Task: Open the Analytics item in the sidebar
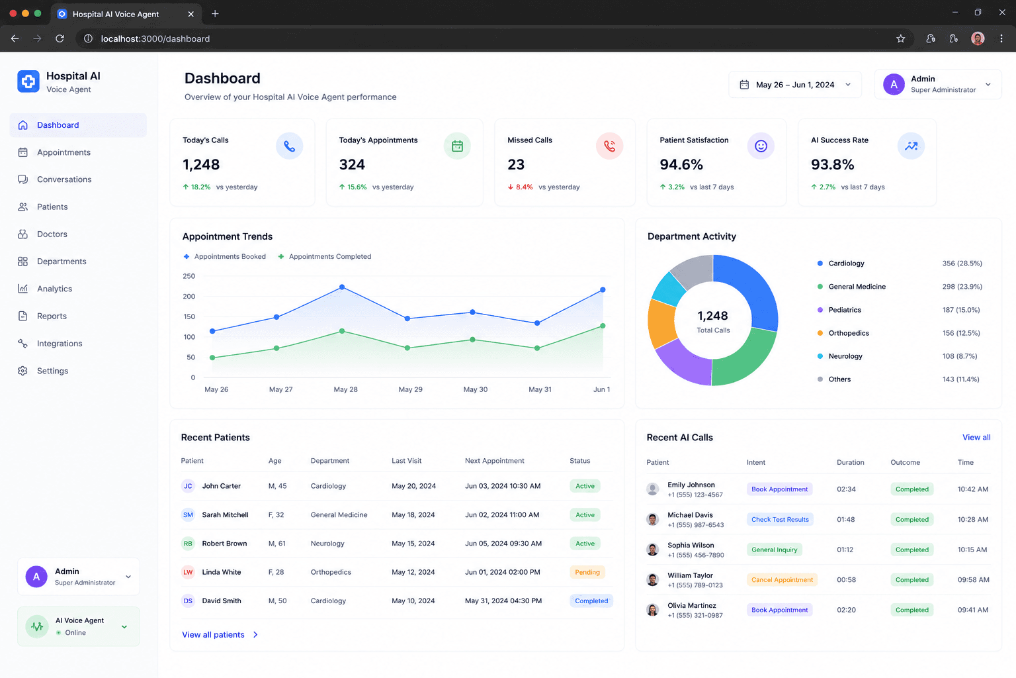coord(54,289)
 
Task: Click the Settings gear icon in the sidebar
coord(22,371)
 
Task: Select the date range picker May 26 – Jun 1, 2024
coord(794,85)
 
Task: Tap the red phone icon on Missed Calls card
coord(609,146)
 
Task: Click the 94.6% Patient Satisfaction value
coord(681,164)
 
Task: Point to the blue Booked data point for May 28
coord(342,287)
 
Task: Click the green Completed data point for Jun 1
coord(603,326)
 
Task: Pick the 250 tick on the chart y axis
coord(189,276)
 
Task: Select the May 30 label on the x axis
coord(476,389)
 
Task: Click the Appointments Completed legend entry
coord(325,257)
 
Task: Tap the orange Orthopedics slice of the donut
coord(661,323)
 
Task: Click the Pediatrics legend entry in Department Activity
coord(845,310)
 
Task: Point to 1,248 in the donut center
coord(712,316)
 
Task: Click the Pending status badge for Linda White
coord(587,572)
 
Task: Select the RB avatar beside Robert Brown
coord(188,544)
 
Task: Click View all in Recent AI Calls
coord(976,437)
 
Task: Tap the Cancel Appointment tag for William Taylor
coord(782,580)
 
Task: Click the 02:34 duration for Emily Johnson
coord(846,489)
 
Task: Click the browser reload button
coord(60,38)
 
